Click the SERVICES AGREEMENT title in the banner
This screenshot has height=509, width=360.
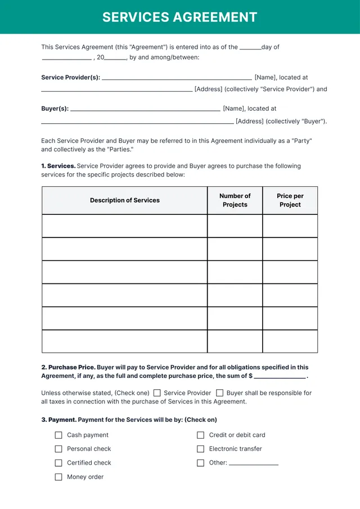180,17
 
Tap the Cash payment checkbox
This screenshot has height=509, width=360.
58,435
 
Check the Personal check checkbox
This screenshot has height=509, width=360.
58,449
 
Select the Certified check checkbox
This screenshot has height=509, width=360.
58,463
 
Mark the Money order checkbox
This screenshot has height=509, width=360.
58,477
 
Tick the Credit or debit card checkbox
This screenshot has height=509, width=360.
200,435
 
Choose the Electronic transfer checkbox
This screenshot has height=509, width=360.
200,449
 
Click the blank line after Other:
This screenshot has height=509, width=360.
254,463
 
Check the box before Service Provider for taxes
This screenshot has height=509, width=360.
157,393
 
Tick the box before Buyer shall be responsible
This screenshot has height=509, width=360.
220,393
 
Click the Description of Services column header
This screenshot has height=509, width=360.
124,200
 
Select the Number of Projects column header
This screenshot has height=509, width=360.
235,200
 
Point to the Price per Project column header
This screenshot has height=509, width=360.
290,200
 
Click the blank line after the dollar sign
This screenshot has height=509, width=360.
280,377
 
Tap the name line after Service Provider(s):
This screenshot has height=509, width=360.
177,79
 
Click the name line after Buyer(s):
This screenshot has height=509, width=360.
145,110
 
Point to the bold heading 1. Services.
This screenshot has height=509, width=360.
58,166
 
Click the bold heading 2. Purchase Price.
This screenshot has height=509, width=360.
68,367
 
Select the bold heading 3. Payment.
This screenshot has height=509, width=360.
58,420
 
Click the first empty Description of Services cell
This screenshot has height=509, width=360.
124,226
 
